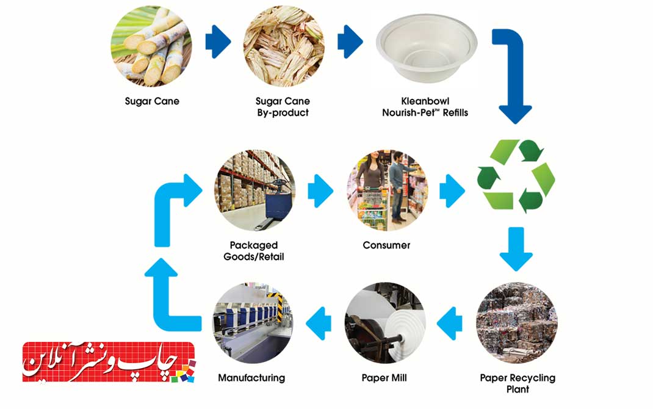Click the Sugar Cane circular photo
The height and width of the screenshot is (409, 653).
[151, 46]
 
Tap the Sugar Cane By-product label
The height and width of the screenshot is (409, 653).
[283, 107]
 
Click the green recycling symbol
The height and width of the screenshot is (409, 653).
[516, 176]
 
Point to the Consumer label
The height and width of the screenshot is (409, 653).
[386, 245]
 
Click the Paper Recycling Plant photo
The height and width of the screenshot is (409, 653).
[517, 323]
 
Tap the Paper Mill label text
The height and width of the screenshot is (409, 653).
[384, 378]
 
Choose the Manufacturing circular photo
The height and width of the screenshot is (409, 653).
[253, 323]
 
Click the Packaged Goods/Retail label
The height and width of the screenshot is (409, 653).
[254, 251]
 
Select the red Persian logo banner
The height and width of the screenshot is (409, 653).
[109, 362]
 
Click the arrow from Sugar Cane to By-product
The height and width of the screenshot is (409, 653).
[218, 42]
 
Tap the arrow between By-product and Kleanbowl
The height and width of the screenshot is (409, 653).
[350, 42]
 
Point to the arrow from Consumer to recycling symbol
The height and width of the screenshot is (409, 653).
[452, 190]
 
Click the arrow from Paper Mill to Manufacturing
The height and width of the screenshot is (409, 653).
[319, 323]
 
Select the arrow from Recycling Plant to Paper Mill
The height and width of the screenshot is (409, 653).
[450, 323]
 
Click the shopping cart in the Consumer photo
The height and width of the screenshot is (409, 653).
[371, 206]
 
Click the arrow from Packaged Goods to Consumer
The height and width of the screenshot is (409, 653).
[320, 190]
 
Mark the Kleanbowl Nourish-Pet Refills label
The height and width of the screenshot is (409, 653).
[425, 107]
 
